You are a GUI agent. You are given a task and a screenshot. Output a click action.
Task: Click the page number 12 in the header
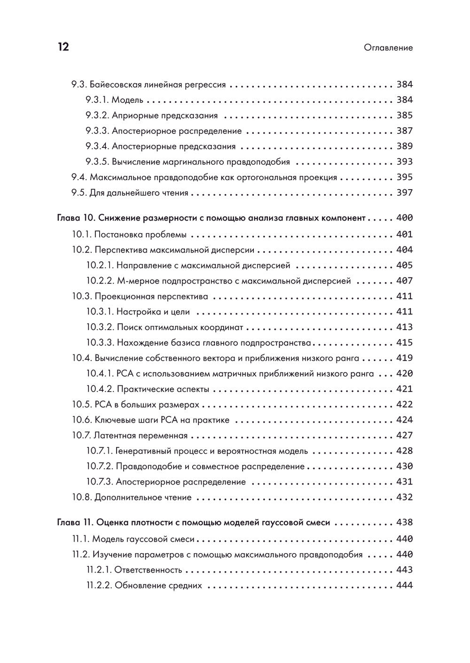tap(63, 47)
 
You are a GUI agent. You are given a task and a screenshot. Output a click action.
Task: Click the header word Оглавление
tap(388, 47)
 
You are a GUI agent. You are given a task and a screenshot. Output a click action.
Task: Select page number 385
tap(404, 116)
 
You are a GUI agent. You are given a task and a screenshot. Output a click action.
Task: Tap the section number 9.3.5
tap(97, 162)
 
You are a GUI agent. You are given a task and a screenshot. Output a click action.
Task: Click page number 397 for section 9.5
tap(404, 193)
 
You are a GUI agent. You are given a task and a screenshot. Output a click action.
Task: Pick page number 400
tap(404, 218)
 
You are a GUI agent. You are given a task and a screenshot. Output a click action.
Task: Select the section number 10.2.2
tap(100, 281)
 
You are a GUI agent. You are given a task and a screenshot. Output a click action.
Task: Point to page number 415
tap(404, 343)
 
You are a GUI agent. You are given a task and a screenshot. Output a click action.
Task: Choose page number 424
tap(404, 420)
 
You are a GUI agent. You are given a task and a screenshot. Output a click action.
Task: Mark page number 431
tap(404, 482)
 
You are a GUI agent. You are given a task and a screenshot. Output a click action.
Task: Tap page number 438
tap(404, 523)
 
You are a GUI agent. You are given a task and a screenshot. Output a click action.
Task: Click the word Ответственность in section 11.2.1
tap(149, 570)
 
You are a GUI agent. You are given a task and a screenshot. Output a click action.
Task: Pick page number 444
tap(404, 586)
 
